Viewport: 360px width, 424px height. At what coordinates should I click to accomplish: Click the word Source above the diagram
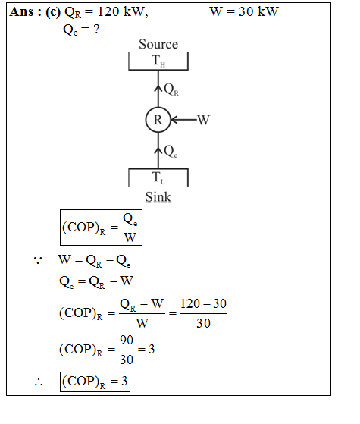pos(158,44)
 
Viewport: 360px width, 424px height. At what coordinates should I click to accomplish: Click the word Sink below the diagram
pos(158,197)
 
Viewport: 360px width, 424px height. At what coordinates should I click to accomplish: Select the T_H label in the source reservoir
pos(158,61)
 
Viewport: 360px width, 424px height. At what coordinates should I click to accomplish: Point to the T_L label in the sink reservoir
pos(158,177)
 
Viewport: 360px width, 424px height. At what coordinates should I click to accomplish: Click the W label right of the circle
pos(204,120)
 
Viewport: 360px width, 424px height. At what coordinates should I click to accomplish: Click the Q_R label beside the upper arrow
pos(171,90)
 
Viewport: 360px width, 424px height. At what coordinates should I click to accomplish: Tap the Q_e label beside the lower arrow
pos(171,152)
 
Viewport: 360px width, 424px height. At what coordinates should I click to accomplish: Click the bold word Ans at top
pos(21,12)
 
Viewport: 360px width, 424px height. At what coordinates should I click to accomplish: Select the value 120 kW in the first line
pos(123,12)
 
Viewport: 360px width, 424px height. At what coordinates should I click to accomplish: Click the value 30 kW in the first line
pos(258,11)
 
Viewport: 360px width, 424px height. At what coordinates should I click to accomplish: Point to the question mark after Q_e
pos(96,29)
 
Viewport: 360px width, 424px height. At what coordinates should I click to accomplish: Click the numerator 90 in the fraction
pos(127,340)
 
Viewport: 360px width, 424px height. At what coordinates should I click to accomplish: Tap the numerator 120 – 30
pos(203,303)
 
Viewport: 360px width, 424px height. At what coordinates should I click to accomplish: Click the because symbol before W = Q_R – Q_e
pos(38,260)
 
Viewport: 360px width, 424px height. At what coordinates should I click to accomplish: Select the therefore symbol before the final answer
pos(39,382)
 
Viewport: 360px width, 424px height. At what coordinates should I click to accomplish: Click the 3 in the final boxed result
pos(124,382)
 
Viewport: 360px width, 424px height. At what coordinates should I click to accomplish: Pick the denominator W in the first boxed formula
pos(130,237)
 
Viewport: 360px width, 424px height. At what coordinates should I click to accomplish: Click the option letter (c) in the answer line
pos(53,12)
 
